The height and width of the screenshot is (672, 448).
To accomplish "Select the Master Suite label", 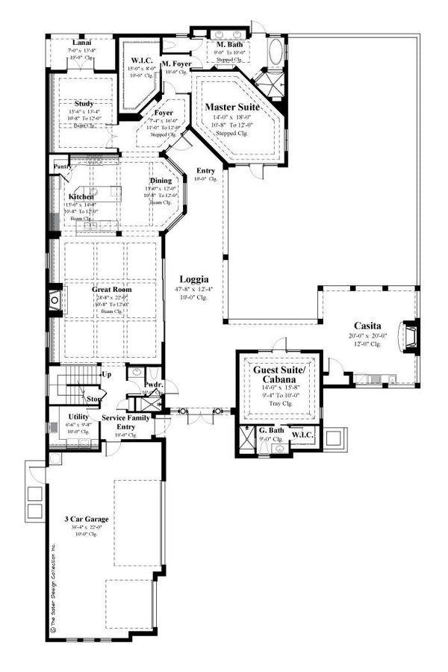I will pos(232,108).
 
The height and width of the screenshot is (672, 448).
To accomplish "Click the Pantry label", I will pos(60,167).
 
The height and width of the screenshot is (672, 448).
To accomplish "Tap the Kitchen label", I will pos(81,196).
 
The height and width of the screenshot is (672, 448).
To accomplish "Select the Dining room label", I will pos(161,180).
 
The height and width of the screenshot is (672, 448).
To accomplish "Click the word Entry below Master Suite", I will pos(206,171).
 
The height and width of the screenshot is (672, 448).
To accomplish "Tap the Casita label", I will pos(369,326).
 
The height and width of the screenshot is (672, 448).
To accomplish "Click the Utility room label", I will pos(78,416).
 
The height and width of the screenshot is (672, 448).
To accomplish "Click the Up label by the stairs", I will pos(108,375).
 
